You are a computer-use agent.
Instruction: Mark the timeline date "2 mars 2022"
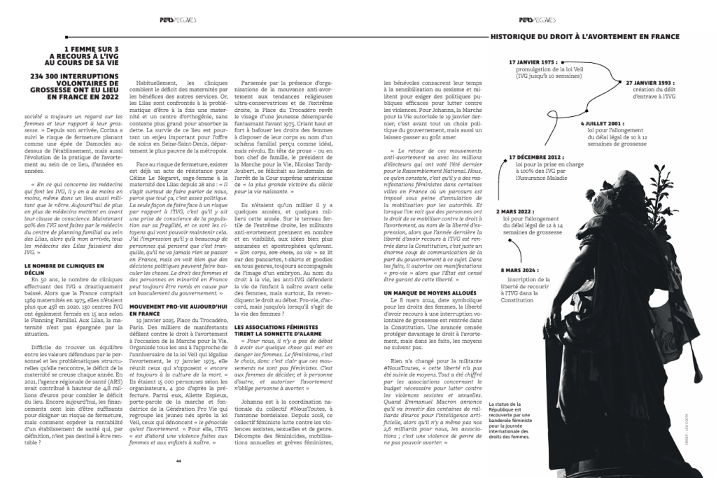pos(517,211)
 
